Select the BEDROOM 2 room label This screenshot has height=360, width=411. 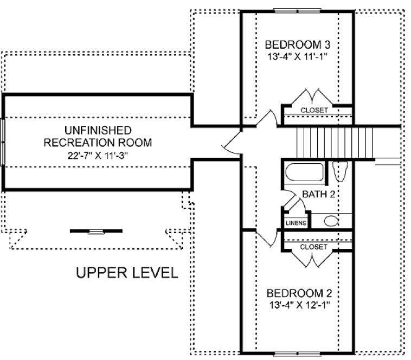[x=298, y=293]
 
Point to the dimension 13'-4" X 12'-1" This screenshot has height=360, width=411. [x=298, y=305]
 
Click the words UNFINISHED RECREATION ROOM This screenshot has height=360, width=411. [x=98, y=137]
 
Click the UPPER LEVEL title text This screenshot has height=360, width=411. [x=126, y=272]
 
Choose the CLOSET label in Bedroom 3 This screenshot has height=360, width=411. [x=314, y=110]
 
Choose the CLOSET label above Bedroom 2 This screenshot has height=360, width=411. [x=314, y=247]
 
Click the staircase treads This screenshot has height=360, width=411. [x=333, y=141]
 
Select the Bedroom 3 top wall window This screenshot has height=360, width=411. [x=297, y=10]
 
